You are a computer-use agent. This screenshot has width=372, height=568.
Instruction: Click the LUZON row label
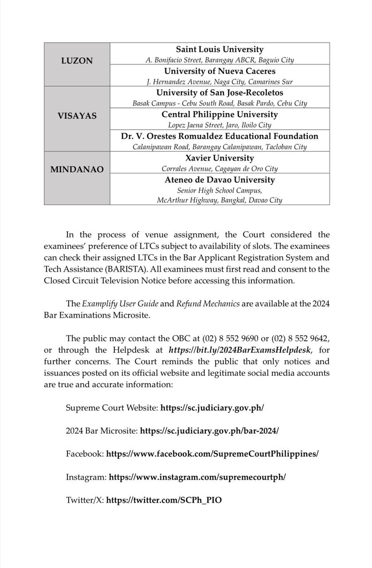pyautogui.click(x=77, y=61)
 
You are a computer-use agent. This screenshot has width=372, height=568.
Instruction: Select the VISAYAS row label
pyautogui.click(x=77, y=115)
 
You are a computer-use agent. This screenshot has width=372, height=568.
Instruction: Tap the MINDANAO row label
pyautogui.click(x=77, y=169)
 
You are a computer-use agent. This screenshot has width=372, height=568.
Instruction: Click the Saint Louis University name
pyautogui.click(x=219, y=49)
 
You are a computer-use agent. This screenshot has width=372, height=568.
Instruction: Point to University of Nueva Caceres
pyautogui.click(x=219, y=71)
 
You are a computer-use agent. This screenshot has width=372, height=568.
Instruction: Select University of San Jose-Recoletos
pyautogui.click(x=219, y=93)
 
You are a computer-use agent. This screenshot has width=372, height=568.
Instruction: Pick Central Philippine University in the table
pyautogui.click(x=219, y=114)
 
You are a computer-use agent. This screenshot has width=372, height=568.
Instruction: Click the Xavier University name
pyautogui.click(x=219, y=158)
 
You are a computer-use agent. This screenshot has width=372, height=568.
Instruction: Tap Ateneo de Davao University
pyautogui.click(x=219, y=180)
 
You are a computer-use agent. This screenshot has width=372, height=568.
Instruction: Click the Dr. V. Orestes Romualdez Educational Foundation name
pyautogui.click(x=219, y=136)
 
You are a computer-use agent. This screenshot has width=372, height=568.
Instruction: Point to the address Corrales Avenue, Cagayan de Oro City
pyautogui.click(x=219, y=169)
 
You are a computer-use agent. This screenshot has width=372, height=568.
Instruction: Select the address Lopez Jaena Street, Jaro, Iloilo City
pyautogui.click(x=219, y=125)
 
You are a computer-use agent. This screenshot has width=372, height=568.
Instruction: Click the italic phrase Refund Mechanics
pyautogui.click(x=208, y=304)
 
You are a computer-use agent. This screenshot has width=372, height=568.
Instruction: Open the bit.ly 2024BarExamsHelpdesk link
pyautogui.click(x=240, y=350)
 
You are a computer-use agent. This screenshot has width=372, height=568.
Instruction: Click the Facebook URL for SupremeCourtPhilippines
pyautogui.click(x=212, y=454)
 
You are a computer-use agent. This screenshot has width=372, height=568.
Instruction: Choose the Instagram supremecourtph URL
pyautogui.click(x=197, y=477)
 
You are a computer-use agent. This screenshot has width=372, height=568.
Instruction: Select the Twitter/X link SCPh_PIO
pyautogui.click(x=164, y=500)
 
